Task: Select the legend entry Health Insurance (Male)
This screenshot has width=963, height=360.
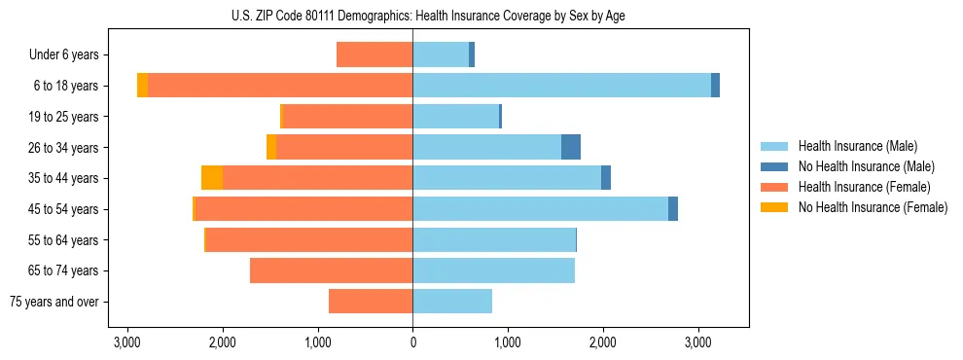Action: tap(857, 146)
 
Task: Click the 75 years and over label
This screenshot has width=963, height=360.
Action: tap(54, 302)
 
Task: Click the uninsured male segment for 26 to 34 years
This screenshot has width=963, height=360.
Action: tap(571, 147)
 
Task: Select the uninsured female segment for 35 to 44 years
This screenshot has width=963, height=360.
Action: tap(212, 178)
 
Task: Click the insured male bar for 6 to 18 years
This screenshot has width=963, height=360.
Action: tap(561, 86)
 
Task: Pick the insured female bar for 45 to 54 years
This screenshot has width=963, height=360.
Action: tap(303, 209)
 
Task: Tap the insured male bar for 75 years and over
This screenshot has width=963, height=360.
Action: tap(452, 302)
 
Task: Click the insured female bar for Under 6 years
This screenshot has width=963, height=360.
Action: tap(374, 55)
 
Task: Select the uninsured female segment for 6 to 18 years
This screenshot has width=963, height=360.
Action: tap(143, 86)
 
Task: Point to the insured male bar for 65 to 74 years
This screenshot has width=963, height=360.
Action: tap(493, 270)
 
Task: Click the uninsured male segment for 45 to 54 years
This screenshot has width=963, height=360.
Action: tap(673, 209)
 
